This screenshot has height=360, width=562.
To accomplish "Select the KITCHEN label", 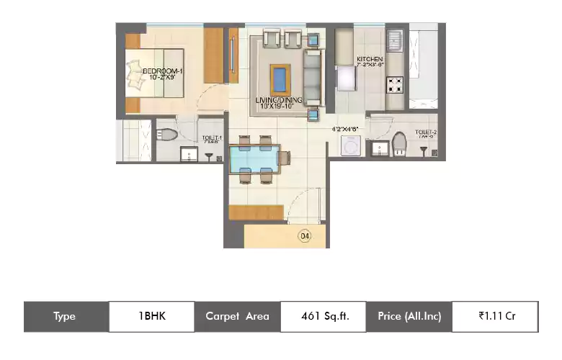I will point(369,58).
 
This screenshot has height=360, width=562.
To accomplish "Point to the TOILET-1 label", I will point(212,138).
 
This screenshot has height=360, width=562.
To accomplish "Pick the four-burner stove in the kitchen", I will point(395,86).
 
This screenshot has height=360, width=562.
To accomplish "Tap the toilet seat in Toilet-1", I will point(166,135).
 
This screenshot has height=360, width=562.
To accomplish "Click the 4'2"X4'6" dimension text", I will point(345,130).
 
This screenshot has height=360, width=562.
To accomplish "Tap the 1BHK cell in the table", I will point(151,316).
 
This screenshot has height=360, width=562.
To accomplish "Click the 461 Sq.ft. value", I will point(324,316).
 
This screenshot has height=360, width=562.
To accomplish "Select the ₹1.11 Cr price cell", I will point(495,316).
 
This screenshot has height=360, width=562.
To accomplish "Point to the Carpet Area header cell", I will point(237,316).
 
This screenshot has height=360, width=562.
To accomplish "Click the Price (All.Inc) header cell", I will point(409,316).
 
